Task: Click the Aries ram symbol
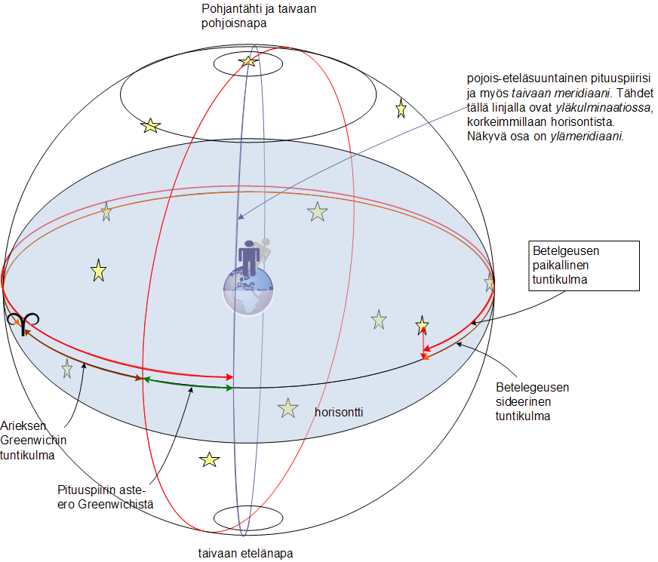coord(23,323)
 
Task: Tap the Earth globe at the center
coord(248,290)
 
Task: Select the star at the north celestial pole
coord(248,61)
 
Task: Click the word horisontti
coord(339,413)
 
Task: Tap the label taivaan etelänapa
coord(245,553)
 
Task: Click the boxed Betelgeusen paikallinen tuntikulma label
coord(584,266)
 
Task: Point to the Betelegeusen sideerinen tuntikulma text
coord(532,401)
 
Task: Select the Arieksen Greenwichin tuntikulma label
coord(33,441)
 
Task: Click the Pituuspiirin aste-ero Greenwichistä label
coord(106,497)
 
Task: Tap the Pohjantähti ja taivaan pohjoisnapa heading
coord(259,16)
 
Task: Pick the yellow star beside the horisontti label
coord(288,409)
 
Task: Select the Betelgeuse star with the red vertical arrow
coord(422,325)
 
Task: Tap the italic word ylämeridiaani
coord(586,136)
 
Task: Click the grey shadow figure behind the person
coord(265,250)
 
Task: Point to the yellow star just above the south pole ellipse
coord(210,459)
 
